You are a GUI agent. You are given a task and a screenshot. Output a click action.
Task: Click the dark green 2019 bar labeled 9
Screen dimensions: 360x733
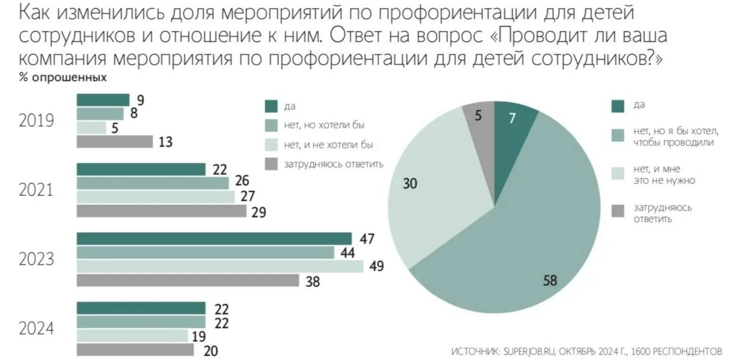[103, 100]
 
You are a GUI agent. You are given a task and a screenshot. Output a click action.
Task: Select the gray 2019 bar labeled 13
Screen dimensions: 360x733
[115, 141]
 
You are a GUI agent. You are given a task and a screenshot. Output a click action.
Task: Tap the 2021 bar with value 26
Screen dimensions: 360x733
[152, 183]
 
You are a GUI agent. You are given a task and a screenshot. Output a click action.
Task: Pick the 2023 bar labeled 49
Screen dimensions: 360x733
[220, 267]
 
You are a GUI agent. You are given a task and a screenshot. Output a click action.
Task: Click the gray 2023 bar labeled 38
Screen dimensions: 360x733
[188, 280]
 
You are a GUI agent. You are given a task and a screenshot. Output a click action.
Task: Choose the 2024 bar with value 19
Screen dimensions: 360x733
[132, 336]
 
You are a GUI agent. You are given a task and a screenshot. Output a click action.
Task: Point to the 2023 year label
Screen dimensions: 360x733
[36, 260]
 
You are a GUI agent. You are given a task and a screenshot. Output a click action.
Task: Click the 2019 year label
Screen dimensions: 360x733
[36, 121]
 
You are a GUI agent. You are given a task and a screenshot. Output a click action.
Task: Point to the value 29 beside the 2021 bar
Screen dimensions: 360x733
[259, 212]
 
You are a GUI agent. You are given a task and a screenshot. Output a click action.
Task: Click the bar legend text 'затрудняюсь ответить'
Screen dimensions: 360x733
[333, 164]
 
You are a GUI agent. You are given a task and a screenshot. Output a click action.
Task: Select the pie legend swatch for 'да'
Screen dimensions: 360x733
[618, 106]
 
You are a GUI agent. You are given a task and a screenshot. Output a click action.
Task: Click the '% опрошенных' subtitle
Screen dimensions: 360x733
[62, 77]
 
